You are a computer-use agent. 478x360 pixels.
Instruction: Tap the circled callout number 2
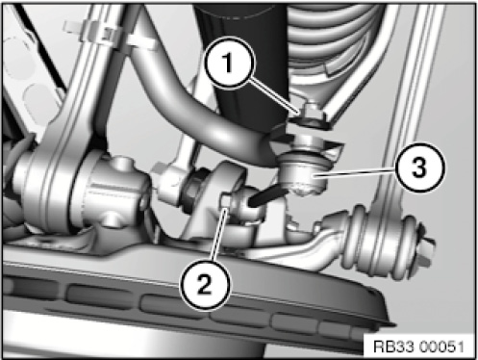click(205, 285)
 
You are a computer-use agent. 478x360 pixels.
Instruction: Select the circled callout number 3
click(420, 167)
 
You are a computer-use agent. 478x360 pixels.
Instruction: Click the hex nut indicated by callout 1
click(311, 116)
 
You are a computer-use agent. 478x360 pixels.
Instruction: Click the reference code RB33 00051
click(418, 347)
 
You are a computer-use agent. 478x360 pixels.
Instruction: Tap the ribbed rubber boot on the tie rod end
click(376, 238)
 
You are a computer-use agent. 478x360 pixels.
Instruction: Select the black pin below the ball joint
click(268, 196)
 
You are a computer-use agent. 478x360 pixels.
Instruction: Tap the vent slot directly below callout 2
click(175, 305)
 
